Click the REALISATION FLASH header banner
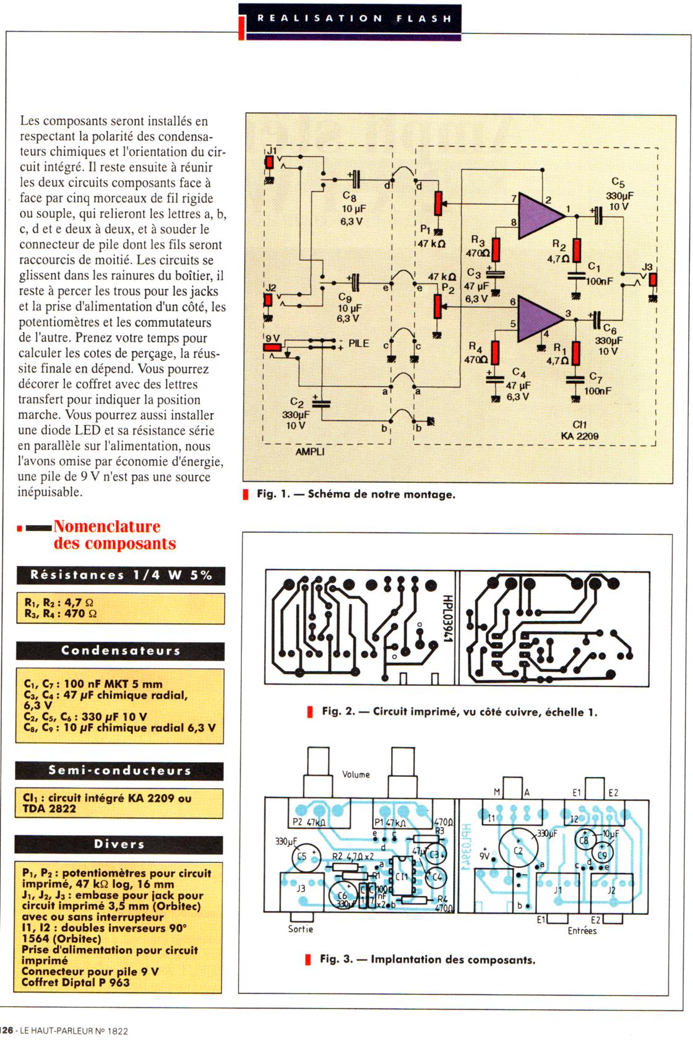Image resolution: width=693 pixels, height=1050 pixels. tap(353, 19)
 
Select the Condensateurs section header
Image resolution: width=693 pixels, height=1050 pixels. tap(120, 651)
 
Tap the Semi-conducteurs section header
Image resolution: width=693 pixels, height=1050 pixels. tap(119, 771)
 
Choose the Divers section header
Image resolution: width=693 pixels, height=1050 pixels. tap(119, 844)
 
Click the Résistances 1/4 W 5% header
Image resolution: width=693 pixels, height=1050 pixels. tap(121, 575)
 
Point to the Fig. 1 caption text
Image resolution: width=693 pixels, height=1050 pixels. tap(356, 495)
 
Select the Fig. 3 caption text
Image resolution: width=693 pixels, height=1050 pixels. tap(427, 960)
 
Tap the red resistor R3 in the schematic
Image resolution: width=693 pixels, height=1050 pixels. tap(496, 249)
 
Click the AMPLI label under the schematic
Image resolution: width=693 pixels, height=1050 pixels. tap(309, 452)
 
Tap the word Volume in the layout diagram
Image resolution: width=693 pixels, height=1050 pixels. tap(356, 774)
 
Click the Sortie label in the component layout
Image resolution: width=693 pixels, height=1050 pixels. tap(301, 929)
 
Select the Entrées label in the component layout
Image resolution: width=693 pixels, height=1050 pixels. tap(582, 931)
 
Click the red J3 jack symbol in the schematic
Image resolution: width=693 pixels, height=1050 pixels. tap(652, 279)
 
